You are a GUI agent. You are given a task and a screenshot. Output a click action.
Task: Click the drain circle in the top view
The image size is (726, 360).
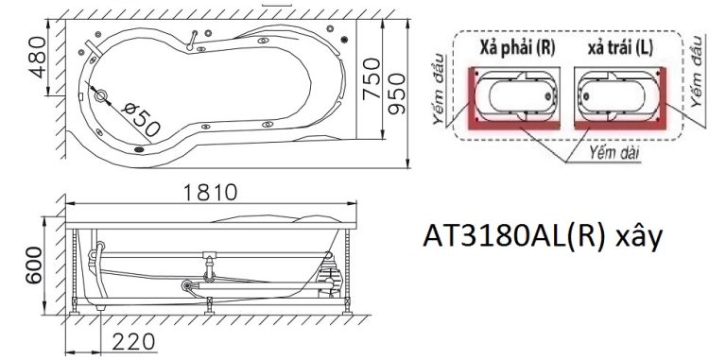point(100,94)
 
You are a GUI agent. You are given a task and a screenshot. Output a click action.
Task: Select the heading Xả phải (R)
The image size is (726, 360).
point(516,48)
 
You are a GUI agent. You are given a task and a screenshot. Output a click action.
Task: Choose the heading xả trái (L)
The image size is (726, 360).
point(618,48)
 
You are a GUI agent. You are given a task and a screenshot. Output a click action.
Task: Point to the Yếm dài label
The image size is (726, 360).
point(609,150)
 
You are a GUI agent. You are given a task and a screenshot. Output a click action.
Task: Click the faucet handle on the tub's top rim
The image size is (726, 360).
point(195,39)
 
